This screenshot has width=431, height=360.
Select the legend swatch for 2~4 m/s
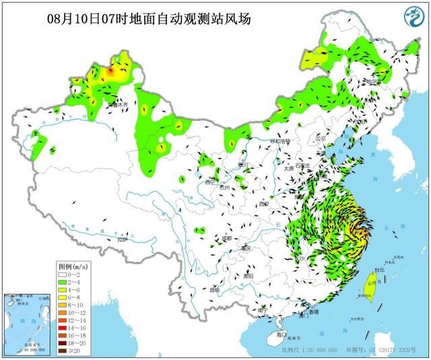tap(61, 282)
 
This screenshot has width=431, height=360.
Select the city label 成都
tap(226, 238)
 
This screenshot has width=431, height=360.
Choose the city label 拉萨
tap(122, 239)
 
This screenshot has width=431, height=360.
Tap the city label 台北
tap(378, 270)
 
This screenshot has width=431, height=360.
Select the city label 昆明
tap(214, 290)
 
